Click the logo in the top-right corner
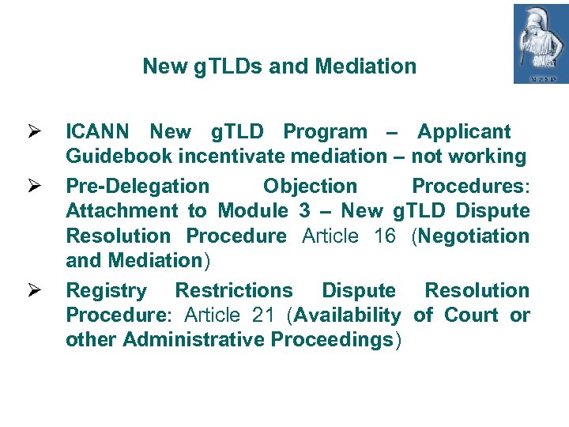[x=541, y=43]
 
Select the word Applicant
[x=464, y=132]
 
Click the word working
[x=488, y=157]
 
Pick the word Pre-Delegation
[x=138, y=187]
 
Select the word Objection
[x=310, y=187]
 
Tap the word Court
[x=473, y=316]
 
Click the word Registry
[x=106, y=291]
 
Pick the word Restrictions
[x=233, y=291]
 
